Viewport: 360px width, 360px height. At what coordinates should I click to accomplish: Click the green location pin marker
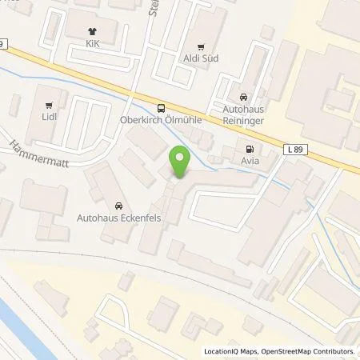click(x=180, y=163)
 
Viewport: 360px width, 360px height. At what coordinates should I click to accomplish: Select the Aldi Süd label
click(x=201, y=58)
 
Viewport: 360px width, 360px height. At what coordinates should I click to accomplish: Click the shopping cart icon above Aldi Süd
click(x=201, y=46)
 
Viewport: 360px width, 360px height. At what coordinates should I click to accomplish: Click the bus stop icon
click(x=162, y=109)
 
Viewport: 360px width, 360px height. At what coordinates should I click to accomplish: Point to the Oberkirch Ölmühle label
click(x=162, y=122)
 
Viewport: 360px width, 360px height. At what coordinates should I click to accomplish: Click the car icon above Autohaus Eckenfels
click(x=118, y=205)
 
